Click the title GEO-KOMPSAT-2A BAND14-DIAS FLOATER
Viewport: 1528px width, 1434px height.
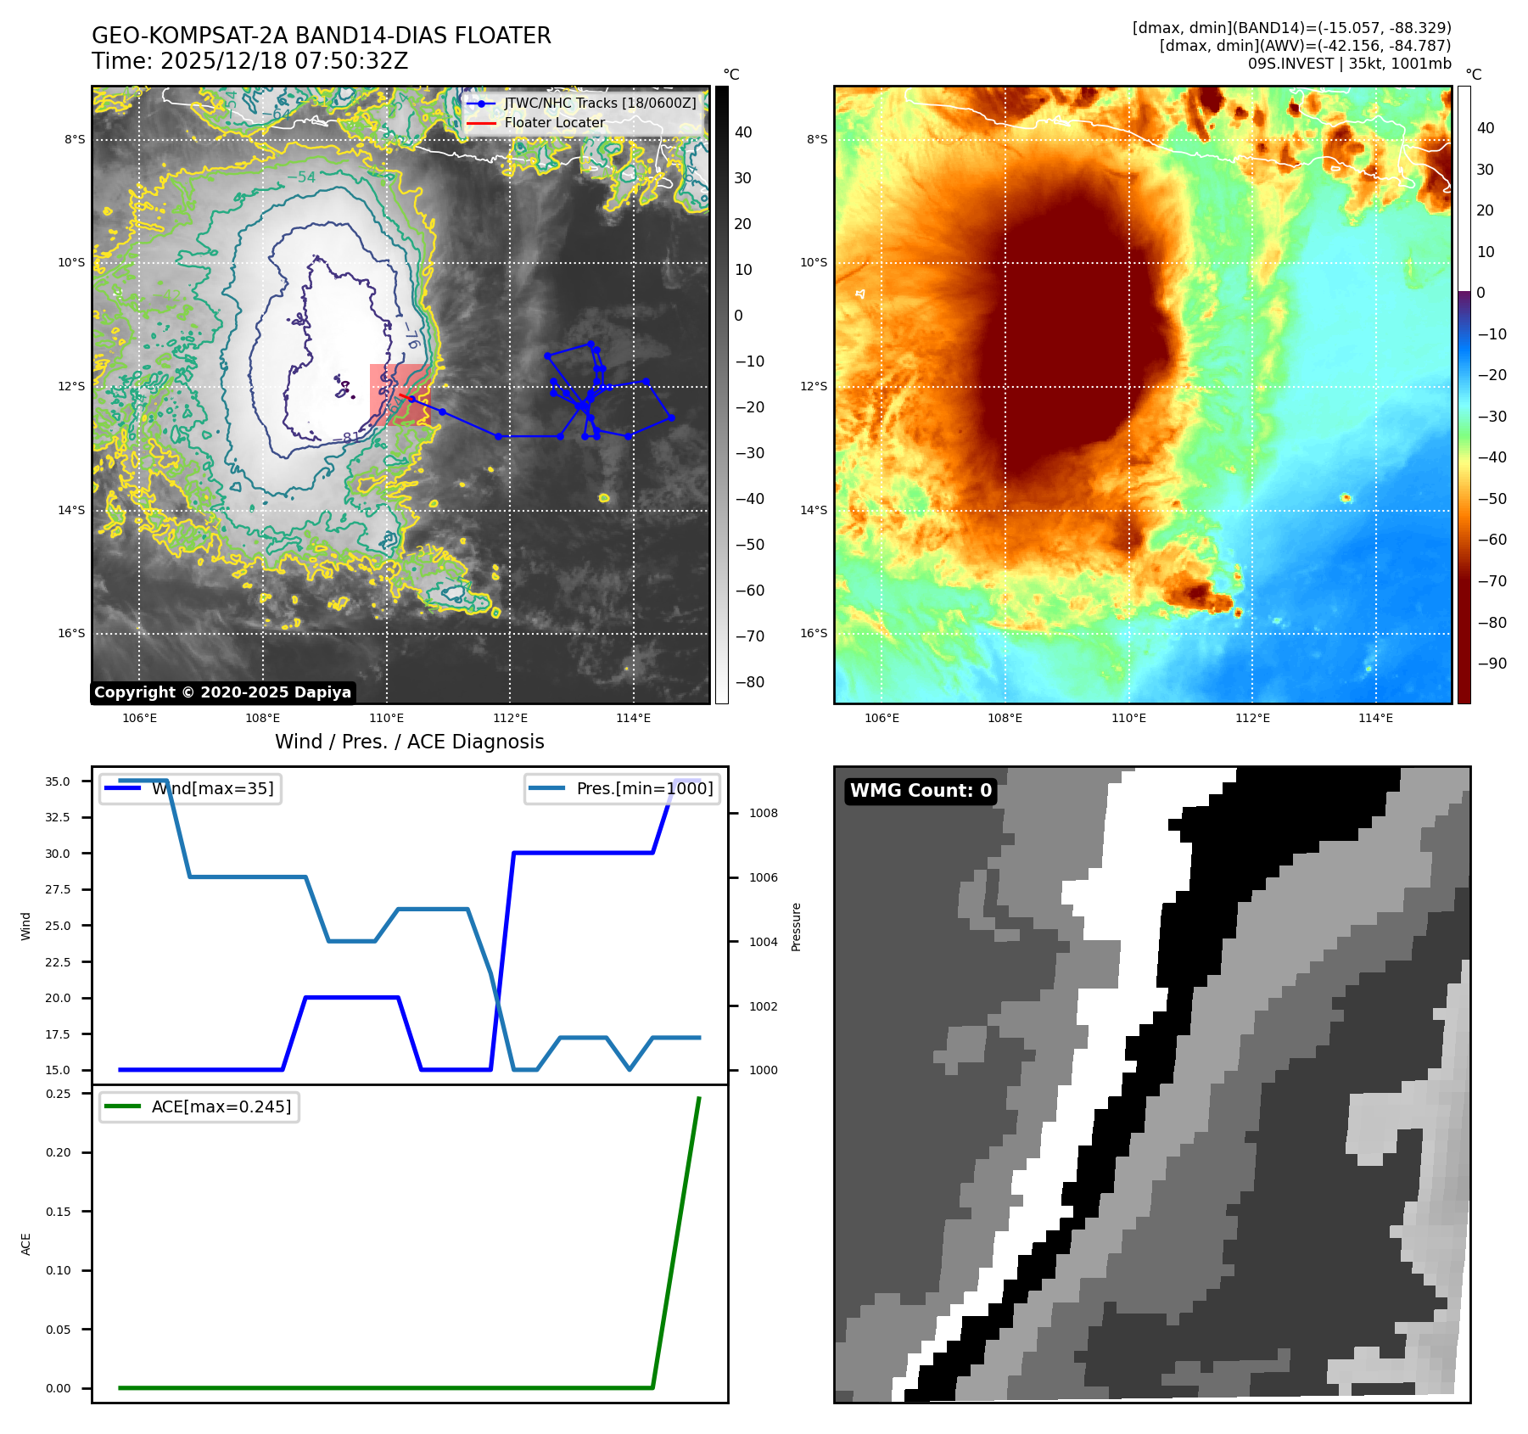[321, 36]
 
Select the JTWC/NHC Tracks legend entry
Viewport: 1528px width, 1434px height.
[599, 103]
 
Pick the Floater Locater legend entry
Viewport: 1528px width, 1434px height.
[554, 123]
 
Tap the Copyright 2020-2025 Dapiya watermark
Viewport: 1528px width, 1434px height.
[222, 692]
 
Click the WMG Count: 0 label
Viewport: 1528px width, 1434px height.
[921, 791]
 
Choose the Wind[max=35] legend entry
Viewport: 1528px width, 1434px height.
[212, 788]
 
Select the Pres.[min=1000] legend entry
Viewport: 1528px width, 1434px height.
[644, 788]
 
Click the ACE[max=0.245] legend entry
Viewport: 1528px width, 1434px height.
[221, 1106]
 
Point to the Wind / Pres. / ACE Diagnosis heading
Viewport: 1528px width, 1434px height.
[409, 742]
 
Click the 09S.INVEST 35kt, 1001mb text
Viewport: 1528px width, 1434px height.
[1349, 64]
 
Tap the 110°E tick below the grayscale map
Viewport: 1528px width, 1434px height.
[387, 718]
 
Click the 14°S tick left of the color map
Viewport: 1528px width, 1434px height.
[814, 510]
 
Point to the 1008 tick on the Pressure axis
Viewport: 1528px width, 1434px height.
[763, 813]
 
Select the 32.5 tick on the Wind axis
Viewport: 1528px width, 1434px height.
[58, 817]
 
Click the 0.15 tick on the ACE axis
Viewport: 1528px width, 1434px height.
[58, 1212]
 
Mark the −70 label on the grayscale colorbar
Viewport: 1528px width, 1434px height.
[749, 636]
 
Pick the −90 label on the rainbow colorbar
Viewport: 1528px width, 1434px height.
[1492, 664]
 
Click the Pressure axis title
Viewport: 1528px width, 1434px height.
[796, 927]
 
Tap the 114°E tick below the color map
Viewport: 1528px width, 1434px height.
[1375, 718]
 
